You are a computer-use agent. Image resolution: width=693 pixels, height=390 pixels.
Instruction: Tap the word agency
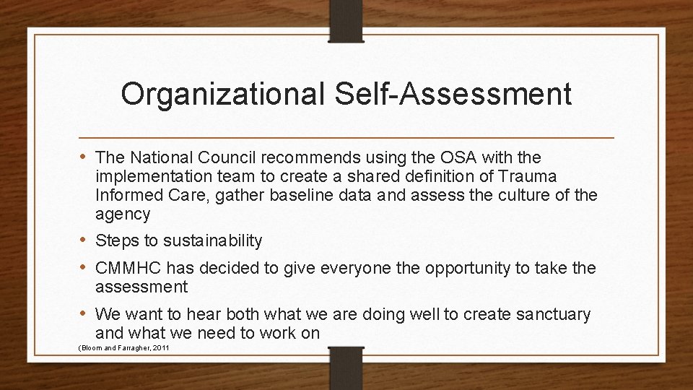(123, 214)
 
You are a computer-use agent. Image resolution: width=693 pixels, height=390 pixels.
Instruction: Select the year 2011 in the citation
(162, 349)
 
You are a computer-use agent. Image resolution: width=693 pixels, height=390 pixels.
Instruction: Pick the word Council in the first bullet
(224, 157)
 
